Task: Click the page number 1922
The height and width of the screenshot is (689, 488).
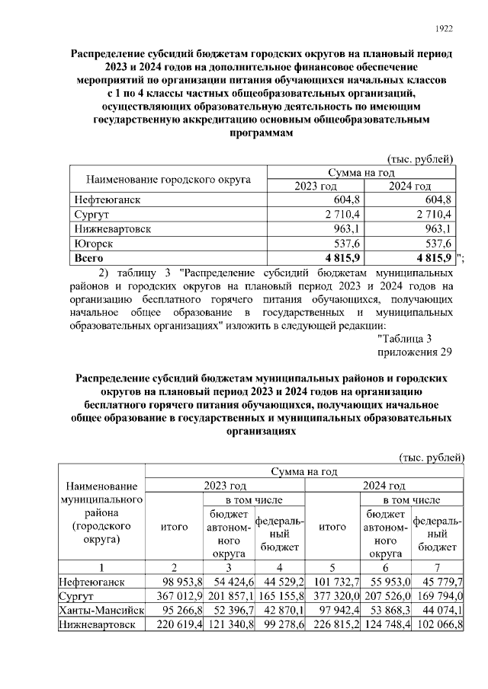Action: (444, 30)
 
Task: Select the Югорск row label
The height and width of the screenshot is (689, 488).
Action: (94, 244)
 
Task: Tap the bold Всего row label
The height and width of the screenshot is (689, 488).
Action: (89, 258)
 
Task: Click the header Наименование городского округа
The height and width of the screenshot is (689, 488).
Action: (169, 180)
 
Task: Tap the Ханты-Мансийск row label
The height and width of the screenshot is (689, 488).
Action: (101, 611)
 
